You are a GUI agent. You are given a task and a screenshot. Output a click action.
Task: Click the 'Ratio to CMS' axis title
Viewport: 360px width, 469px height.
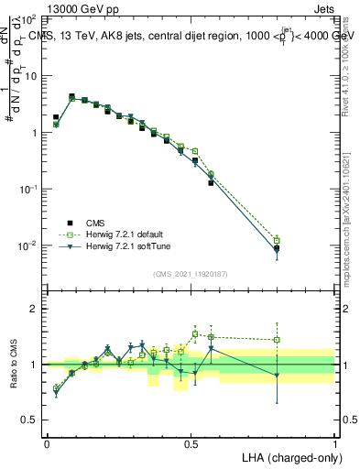(14, 365)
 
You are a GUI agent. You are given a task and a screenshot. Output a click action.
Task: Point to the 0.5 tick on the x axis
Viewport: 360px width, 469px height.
(191, 442)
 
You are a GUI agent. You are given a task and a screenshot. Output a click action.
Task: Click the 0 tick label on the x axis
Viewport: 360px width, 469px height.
(47, 442)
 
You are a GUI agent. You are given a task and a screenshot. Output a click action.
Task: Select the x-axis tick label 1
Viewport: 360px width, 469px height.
(334, 442)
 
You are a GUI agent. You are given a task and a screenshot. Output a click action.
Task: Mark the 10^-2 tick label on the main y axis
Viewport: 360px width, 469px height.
(27, 245)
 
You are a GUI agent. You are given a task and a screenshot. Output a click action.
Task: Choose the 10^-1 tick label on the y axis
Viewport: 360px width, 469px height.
(27, 189)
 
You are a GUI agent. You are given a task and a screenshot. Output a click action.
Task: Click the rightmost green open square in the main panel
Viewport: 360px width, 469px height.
(277, 240)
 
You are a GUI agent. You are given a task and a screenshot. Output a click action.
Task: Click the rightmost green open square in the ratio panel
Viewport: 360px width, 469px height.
(277, 340)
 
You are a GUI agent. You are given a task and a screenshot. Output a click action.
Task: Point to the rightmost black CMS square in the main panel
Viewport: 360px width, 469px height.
(277, 248)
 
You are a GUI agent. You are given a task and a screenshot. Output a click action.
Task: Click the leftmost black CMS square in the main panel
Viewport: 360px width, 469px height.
(56, 117)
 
